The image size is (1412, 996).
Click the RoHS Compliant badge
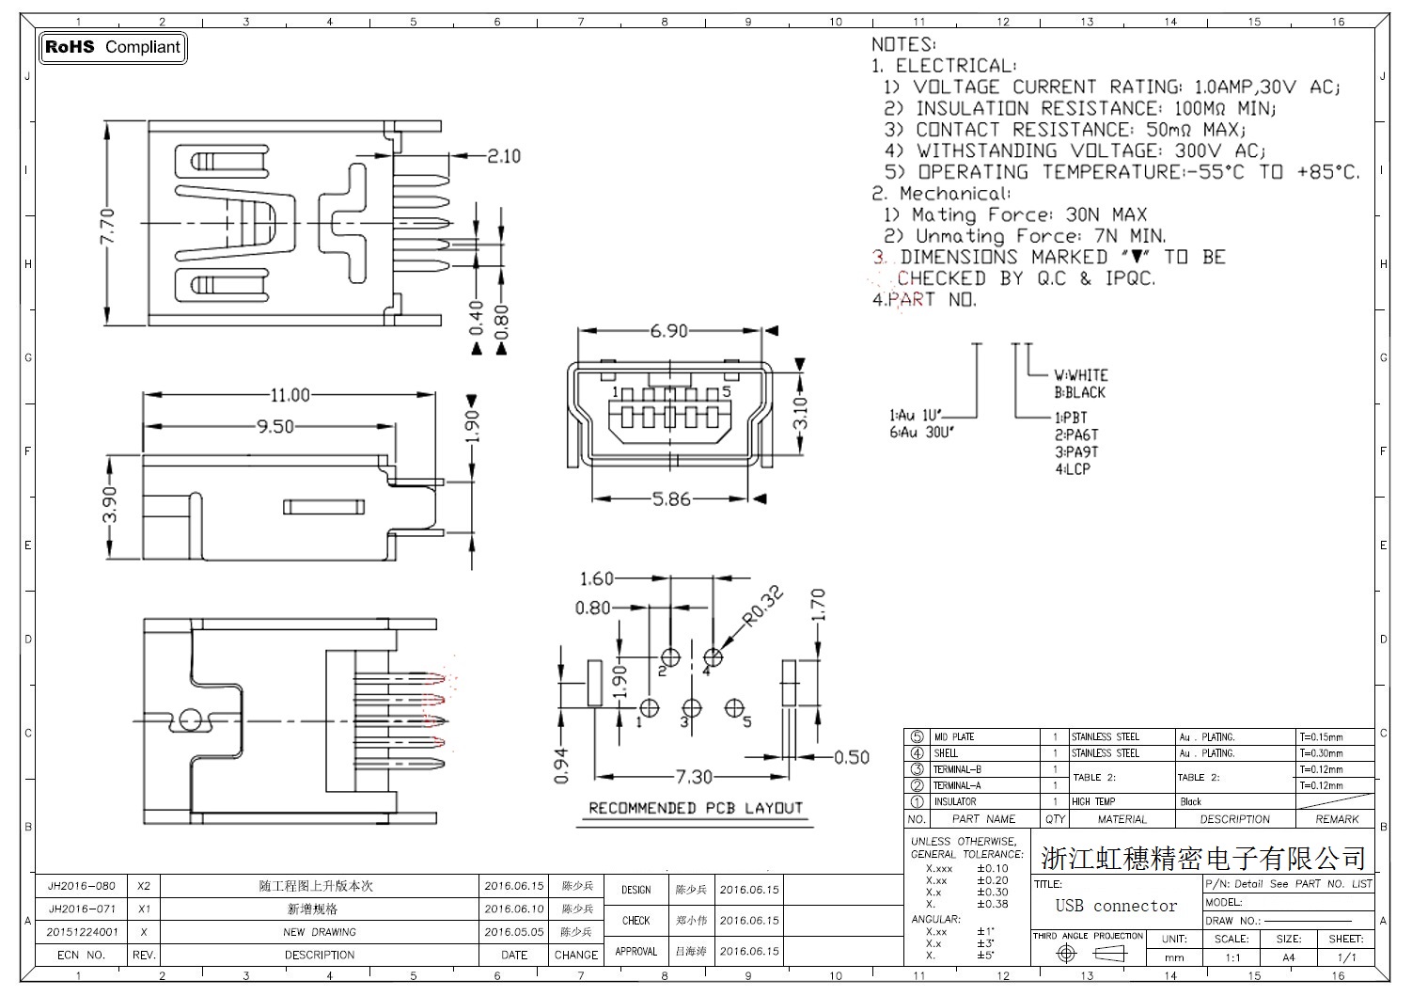(x=113, y=47)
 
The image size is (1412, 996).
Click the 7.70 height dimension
(x=108, y=226)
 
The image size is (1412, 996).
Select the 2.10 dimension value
(x=503, y=156)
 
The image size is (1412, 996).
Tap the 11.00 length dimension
(x=290, y=395)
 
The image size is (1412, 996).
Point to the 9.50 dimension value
(x=275, y=427)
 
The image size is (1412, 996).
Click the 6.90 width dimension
(x=668, y=331)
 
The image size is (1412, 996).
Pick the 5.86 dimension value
(x=671, y=499)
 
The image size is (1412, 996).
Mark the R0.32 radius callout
(x=762, y=606)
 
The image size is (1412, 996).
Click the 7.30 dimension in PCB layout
(x=694, y=777)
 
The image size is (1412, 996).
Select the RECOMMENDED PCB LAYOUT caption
(x=696, y=808)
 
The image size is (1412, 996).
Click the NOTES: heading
(x=902, y=44)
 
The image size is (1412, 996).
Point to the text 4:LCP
(x=1073, y=468)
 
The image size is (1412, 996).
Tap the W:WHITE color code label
(x=1080, y=374)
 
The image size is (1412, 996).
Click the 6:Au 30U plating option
(x=921, y=432)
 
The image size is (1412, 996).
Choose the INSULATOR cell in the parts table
(x=955, y=801)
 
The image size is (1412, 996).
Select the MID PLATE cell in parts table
(x=955, y=736)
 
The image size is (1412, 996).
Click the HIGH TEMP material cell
(x=1093, y=801)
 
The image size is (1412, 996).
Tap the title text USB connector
(x=1116, y=906)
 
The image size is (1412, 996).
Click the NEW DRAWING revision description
(x=320, y=932)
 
